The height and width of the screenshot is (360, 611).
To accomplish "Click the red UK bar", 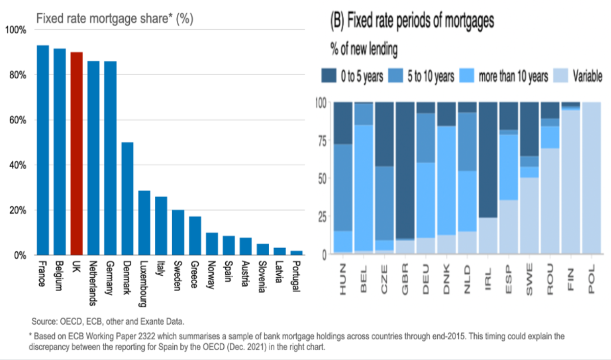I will coord(77,153).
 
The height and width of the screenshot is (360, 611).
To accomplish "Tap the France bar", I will coord(43,150).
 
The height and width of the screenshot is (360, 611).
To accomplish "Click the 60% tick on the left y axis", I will coord(15,120).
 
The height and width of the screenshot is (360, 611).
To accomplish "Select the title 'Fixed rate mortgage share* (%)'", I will coord(114,18).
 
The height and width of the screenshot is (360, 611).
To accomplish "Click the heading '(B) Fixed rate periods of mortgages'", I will coord(413,21).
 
